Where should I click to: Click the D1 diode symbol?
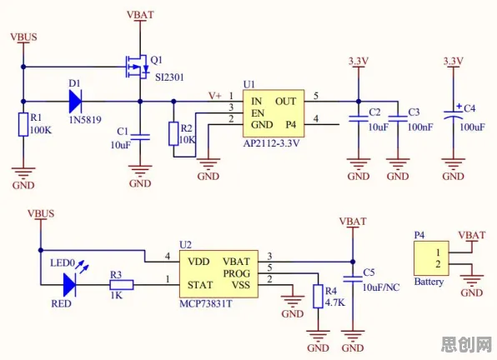(x=75, y=102)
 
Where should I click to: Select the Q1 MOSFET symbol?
(x=137, y=67)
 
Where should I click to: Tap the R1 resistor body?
(x=23, y=124)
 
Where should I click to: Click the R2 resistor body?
(x=173, y=133)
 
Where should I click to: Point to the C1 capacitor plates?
(x=140, y=137)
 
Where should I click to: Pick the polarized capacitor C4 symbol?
(x=454, y=114)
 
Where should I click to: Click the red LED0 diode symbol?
(x=70, y=285)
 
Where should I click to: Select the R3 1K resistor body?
(x=122, y=285)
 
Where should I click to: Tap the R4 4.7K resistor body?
(x=318, y=297)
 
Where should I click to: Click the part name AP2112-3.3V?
(x=271, y=143)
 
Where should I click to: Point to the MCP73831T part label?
(x=206, y=304)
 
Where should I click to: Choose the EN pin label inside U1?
(x=258, y=113)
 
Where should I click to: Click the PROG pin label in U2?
(x=237, y=273)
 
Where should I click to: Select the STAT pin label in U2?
(x=200, y=285)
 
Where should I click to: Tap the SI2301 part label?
(x=169, y=77)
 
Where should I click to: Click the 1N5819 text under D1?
(x=85, y=120)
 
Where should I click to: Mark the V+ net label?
(x=215, y=96)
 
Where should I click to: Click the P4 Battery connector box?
(x=431, y=258)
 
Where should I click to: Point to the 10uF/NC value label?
(x=381, y=287)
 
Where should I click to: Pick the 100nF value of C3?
(x=420, y=127)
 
